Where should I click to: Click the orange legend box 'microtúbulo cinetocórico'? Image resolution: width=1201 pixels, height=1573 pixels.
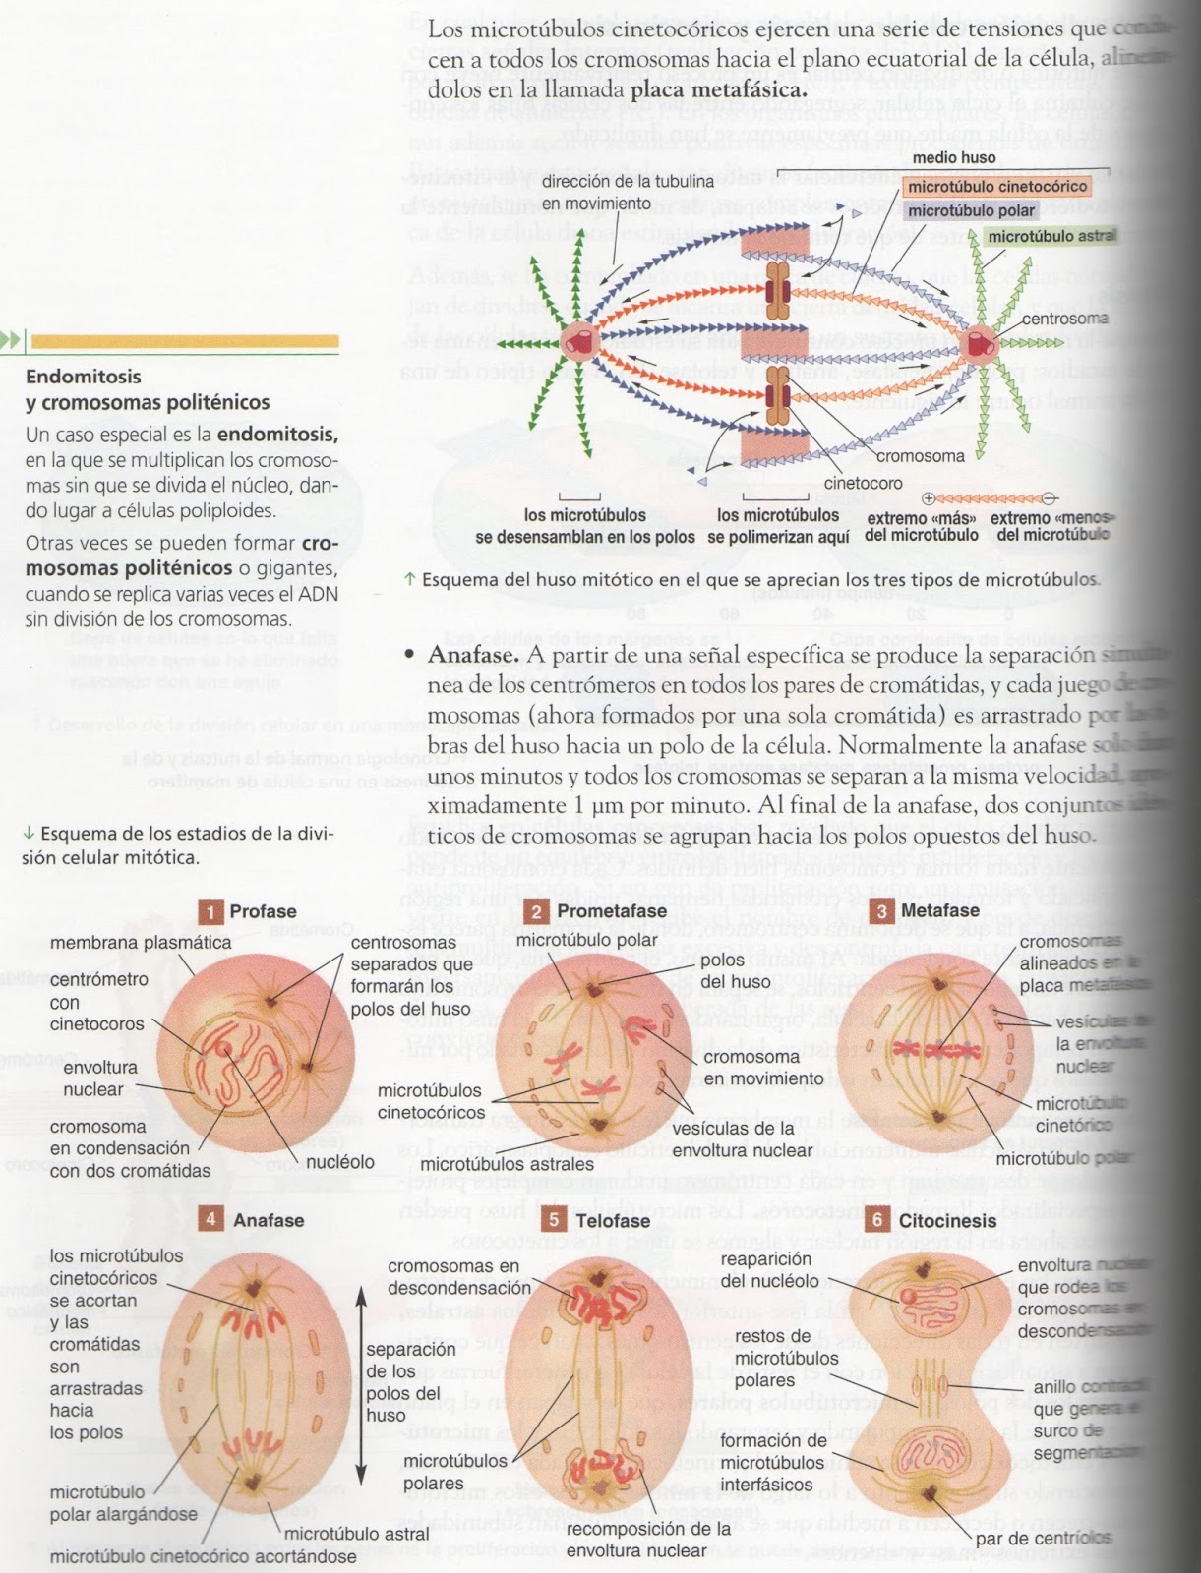(x=996, y=186)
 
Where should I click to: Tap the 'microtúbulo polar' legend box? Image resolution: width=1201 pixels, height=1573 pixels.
(x=971, y=210)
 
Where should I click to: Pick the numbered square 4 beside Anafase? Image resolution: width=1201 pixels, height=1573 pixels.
(x=210, y=1220)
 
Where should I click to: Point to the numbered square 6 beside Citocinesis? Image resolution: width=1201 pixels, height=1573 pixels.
(x=880, y=1221)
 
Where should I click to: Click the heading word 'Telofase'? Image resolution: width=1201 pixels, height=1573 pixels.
(x=613, y=1221)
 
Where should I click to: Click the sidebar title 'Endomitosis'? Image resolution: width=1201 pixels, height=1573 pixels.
(x=84, y=377)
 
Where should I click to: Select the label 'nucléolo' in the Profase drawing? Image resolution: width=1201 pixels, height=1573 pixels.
(x=340, y=1161)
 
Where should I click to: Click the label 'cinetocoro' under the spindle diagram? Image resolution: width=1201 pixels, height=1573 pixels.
(x=863, y=484)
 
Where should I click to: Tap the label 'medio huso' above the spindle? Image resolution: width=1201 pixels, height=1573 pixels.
(x=953, y=157)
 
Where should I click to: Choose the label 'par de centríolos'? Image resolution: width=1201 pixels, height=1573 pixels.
(x=1043, y=1537)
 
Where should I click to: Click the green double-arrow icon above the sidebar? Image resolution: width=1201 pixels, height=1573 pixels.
(x=13, y=341)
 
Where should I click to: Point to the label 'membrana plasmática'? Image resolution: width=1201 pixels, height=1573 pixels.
(x=141, y=942)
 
